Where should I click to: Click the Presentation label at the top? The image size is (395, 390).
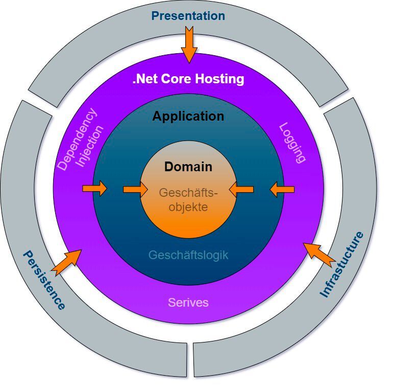(188, 16)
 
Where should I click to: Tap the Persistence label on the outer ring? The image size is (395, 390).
(44, 280)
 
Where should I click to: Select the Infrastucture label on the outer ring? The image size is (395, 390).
(342, 264)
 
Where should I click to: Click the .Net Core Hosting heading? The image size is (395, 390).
(188, 79)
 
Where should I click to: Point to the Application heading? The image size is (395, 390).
(188, 117)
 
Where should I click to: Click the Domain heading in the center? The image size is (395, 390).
(188, 167)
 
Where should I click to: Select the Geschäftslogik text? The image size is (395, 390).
(188, 255)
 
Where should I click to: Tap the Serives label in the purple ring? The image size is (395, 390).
(188, 302)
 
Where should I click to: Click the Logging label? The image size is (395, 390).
(293, 143)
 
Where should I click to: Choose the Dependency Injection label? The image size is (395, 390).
(82, 139)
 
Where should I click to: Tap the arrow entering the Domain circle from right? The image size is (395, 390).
(241, 190)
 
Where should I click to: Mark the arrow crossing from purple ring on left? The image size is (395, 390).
(95, 189)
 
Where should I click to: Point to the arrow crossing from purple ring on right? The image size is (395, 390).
(282, 190)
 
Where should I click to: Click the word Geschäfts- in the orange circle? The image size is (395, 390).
(188, 193)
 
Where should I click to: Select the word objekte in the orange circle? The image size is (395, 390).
(188, 207)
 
